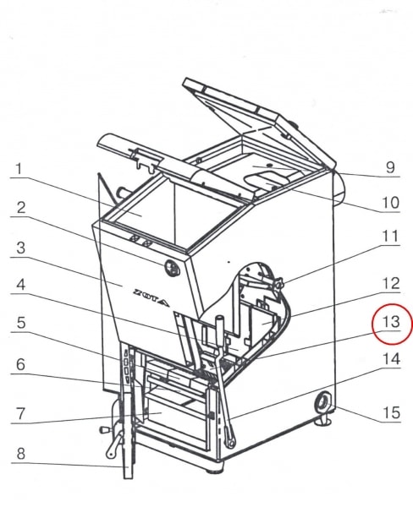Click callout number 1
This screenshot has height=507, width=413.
click(19, 169)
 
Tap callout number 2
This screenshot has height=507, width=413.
click(20, 208)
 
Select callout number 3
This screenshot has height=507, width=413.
click(20, 248)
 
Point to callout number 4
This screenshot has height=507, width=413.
click(20, 286)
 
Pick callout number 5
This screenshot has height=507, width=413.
click(20, 323)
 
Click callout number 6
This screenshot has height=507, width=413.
click(20, 364)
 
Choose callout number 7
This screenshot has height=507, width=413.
click(20, 413)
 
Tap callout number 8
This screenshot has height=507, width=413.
click(20, 453)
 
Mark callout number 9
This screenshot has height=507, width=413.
click(390, 167)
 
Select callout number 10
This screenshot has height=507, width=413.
click(391, 203)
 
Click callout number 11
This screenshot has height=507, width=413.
click(391, 237)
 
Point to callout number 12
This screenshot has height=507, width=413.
click(391, 283)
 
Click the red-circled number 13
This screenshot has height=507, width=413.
click(391, 322)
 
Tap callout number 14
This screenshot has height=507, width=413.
click(391, 359)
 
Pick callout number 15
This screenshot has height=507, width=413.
click(391, 412)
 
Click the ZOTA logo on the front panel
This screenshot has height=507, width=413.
click(151, 297)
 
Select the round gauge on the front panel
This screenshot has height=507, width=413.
click(172, 268)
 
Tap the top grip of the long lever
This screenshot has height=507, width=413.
click(220, 324)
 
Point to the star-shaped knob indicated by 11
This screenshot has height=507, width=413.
click(278, 284)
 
